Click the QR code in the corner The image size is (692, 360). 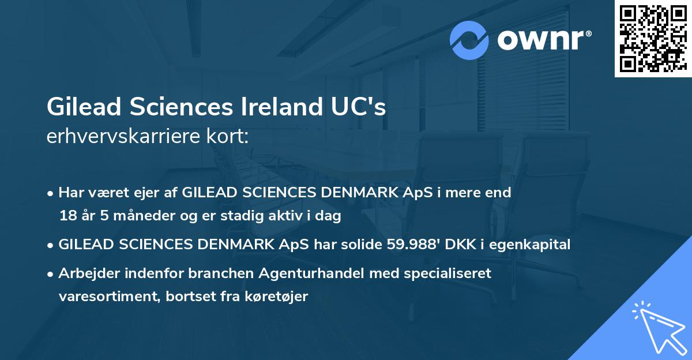[653, 39]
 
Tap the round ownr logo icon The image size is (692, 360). [469, 40]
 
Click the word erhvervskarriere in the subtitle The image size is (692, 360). [119, 137]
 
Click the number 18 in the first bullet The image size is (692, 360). [66, 216]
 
